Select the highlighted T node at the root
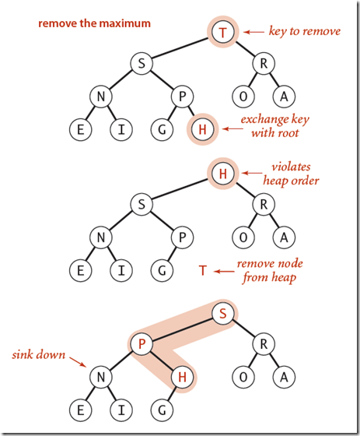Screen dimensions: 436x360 click(x=222, y=33)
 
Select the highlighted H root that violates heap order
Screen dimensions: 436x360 click(x=222, y=174)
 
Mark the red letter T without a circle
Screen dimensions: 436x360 click(x=202, y=271)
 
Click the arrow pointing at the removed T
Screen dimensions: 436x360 click(x=226, y=271)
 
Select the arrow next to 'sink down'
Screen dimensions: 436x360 click(x=73, y=361)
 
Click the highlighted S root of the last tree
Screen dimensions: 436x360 click(x=222, y=315)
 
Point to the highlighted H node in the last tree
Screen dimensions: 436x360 click(x=182, y=378)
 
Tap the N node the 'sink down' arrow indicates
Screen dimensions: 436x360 click(x=100, y=378)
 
